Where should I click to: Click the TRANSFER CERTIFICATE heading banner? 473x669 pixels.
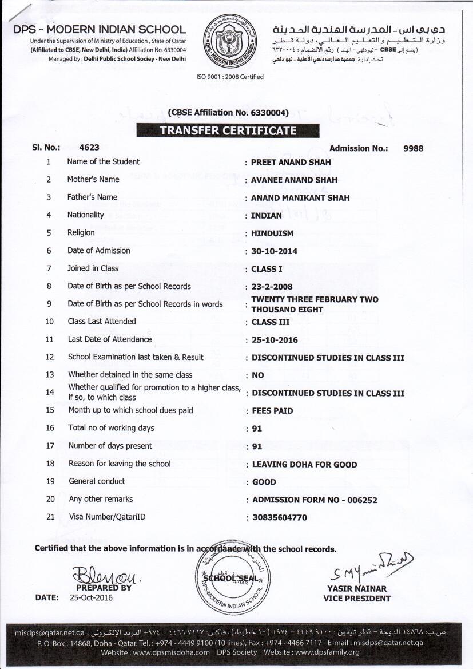(x=228, y=130)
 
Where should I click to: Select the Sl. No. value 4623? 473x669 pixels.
(x=89, y=148)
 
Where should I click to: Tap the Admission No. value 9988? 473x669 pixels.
(x=413, y=148)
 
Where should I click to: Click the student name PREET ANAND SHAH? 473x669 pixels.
(x=291, y=162)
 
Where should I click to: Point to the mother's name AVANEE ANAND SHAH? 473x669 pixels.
(x=294, y=180)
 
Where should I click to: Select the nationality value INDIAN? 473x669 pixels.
(x=267, y=216)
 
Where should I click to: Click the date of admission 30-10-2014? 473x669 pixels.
(x=275, y=251)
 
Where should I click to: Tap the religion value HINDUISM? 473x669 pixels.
(x=272, y=233)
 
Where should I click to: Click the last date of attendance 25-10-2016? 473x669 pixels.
(x=275, y=340)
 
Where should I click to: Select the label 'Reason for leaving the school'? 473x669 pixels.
(x=120, y=464)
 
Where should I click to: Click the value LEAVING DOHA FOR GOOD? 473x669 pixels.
(x=304, y=465)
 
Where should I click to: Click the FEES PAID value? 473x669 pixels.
(x=272, y=411)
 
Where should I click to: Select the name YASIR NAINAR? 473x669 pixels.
(x=357, y=588)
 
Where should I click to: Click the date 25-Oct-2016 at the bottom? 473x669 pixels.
(x=92, y=598)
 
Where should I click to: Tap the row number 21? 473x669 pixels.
(x=50, y=517)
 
